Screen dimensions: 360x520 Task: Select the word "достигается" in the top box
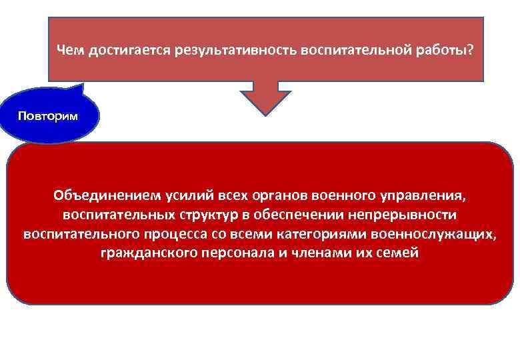[125, 50]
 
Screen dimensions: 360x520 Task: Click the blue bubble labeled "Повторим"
[48, 116]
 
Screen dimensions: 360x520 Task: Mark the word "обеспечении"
[306, 215]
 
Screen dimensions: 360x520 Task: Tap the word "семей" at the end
[400, 254]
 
